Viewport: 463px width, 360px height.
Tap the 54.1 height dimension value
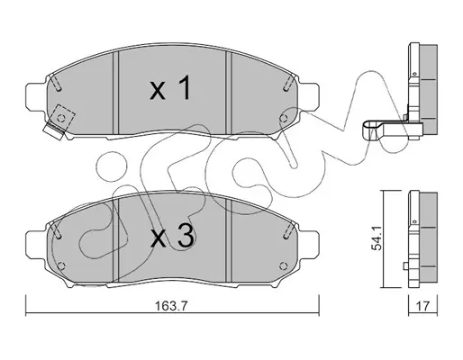tap(377, 239)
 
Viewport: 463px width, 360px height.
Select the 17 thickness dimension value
tap(422, 306)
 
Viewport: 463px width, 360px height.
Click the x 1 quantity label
tap(170, 88)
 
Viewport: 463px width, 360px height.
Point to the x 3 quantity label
tap(172, 237)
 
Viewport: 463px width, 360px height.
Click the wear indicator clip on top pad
tap(54, 131)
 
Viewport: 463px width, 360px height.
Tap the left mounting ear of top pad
tap(36, 96)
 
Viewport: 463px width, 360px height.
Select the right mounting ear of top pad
tap(308, 96)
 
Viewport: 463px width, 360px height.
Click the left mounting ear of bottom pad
tap(36, 244)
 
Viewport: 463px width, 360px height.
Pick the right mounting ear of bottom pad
tap(308, 244)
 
